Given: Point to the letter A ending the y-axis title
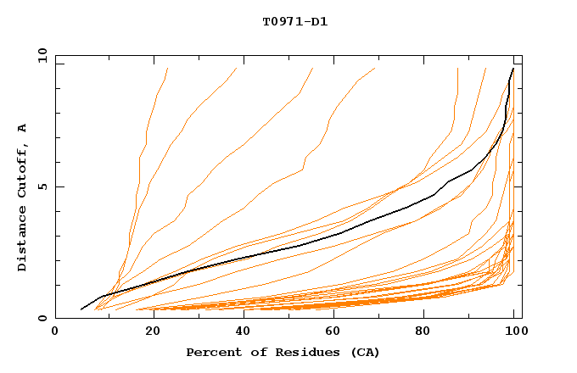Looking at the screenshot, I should (x=23, y=128).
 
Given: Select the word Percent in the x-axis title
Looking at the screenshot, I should (x=213, y=352).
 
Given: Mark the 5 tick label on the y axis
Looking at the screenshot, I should (x=42, y=186).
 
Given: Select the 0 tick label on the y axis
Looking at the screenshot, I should (x=42, y=319).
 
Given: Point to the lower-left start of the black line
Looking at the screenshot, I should (x=81, y=309).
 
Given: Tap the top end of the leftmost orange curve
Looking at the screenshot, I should (x=168, y=68).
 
